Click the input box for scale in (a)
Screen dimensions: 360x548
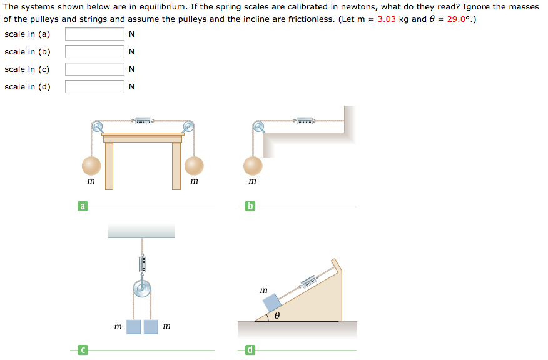pos(94,34)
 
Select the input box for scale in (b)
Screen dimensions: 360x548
pos(94,52)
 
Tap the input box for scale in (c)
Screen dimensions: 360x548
pos(94,69)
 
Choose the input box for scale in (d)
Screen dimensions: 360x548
pos(94,87)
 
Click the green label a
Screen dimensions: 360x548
pos(82,206)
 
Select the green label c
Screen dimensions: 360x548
pos(82,351)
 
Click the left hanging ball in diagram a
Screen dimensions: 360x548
pos(91,166)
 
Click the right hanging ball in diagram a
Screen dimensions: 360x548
pos(195,166)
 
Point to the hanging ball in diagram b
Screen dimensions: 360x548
pos(253,166)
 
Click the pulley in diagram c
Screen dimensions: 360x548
pos(142,289)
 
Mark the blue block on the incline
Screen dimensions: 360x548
pos(273,304)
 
